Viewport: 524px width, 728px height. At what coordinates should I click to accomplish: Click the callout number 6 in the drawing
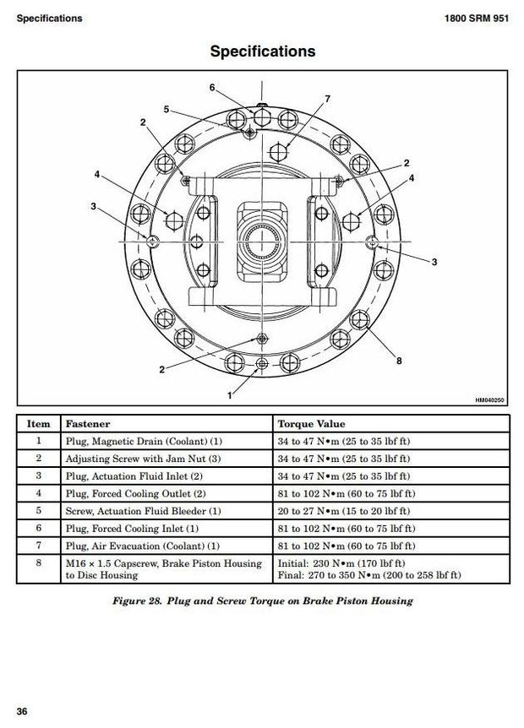(x=212, y=87)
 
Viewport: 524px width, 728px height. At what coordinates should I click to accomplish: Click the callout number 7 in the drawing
(x=327, y=100)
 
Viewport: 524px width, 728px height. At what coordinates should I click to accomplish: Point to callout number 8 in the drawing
(x=399, y=361)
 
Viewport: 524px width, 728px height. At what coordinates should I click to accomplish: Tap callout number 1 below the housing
(x=229, y=394)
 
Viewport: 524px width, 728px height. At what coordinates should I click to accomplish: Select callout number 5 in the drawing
(x=166, y=109)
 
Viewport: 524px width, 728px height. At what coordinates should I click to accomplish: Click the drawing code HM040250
(x=490, y=401)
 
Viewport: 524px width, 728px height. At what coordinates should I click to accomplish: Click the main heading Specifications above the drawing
(x=262, y=52)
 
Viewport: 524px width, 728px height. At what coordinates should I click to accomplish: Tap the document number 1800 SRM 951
(x=476, y=19)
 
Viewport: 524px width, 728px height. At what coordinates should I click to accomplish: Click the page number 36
(x=22, y=711)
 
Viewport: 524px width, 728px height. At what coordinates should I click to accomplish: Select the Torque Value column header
(x=311, y=424)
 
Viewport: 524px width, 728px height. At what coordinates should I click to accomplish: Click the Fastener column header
(x=88, y=424)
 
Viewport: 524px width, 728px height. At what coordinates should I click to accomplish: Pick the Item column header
(x=39, y=424)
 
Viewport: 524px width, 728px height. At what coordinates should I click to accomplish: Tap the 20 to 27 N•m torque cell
(x=343, y=511)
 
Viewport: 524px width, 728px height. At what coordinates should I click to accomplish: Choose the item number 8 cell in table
(x=39, y=563)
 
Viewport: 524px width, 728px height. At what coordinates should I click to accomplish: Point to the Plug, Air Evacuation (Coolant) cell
(x=143, y=546)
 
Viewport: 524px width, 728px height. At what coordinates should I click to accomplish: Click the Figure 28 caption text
(x=263, y=600)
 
